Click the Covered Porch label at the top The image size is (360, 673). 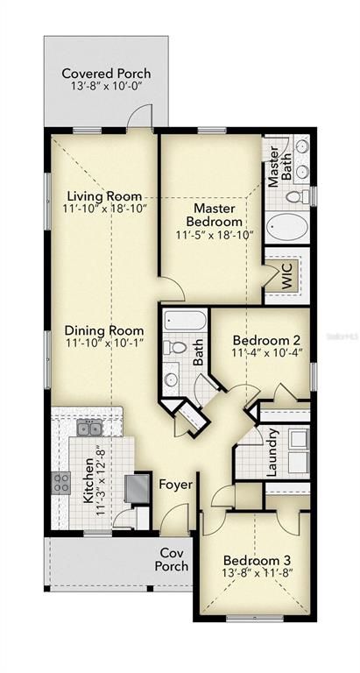tap(106, 74)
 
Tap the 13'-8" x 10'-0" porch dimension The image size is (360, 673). tap(106, 88)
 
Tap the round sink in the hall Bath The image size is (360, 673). tap(173, 379)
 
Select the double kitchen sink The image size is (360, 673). tap(88, 428)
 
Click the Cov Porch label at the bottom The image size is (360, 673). tap(173, 560)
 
